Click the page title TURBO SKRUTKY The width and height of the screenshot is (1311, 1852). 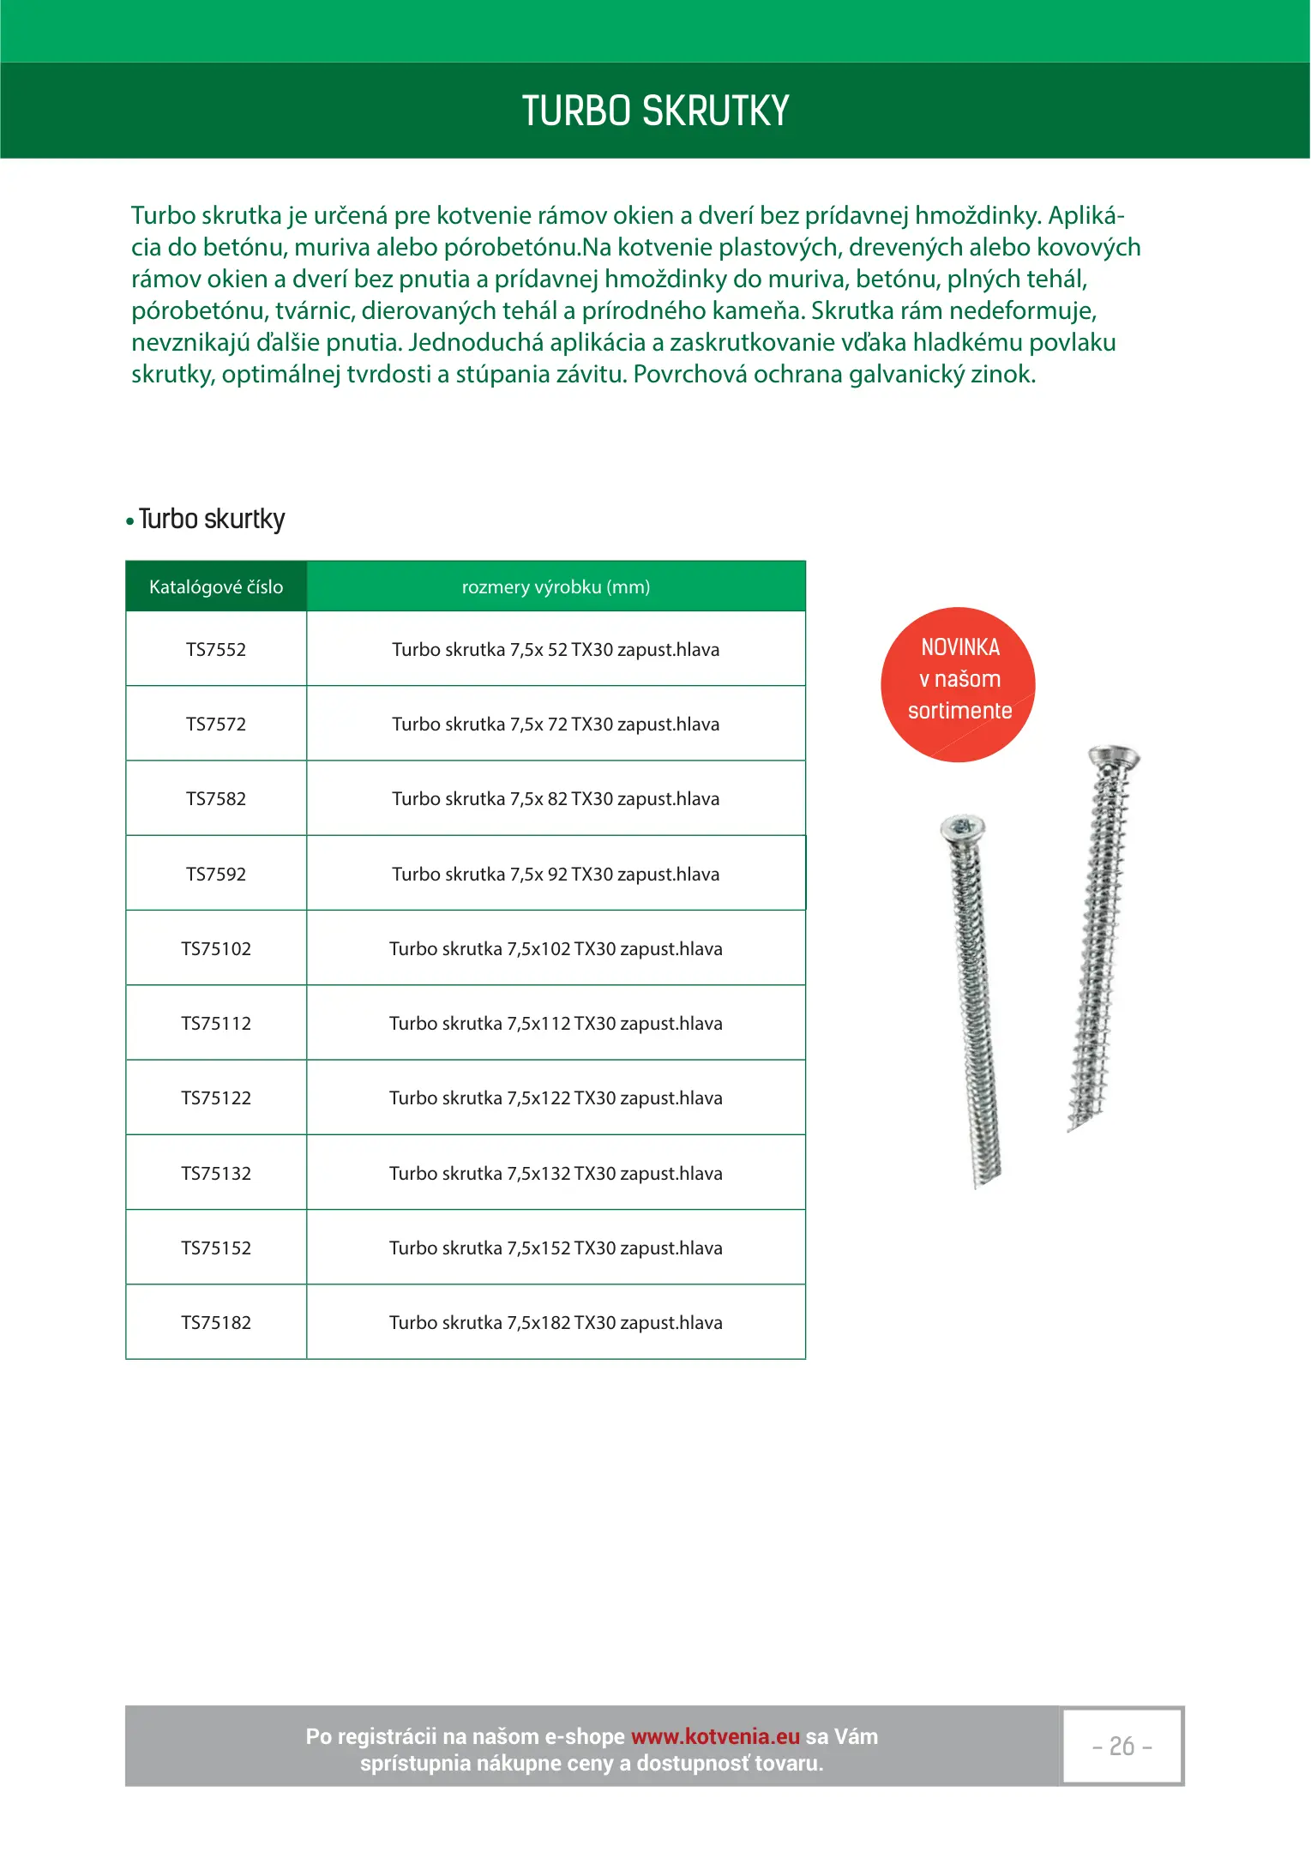point(655,111)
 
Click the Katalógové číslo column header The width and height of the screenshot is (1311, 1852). point(216,587)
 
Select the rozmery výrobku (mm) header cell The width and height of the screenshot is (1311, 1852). point(556,587)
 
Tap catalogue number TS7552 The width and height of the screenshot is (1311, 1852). point(216,650)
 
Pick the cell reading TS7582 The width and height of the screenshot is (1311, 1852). point(216,799)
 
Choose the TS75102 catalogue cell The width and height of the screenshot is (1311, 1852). point(216,949)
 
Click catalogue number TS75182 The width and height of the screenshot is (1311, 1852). point(216,1323)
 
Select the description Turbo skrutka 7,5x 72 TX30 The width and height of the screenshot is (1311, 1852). point(556,725)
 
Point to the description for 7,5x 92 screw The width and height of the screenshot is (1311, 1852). point(556,875)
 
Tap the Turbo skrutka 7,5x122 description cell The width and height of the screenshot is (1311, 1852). point(556,1098)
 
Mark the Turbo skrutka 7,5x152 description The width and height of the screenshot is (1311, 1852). point(556,1248)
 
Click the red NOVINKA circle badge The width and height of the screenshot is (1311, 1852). point(958,684)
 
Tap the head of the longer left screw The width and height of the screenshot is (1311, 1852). point(963,828)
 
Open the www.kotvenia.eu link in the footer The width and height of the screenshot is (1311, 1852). point(715,1736)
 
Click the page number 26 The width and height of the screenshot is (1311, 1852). point(1122,1747)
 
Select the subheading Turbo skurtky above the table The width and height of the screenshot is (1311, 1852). point(211,520)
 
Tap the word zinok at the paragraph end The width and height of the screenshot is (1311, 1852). point(1002,375)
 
